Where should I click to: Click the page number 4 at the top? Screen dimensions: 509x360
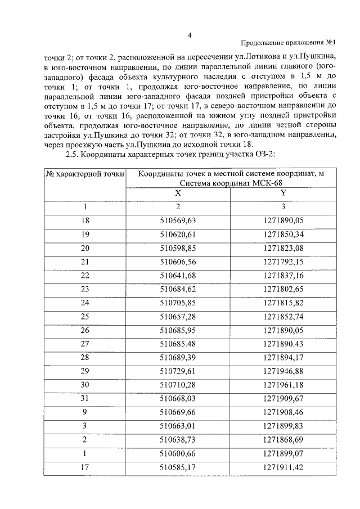pyautogui.click(x=190, y=35)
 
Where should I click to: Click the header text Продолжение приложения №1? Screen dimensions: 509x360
pyautogui.click(x=288, y=43)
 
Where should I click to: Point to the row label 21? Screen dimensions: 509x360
pyautogui.click(x=85, y=261)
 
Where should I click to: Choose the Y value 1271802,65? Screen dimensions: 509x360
pyautogui.click(x=283, y=288)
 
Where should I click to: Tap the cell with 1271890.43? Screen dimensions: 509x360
pyautogui.click(x=283, y=343)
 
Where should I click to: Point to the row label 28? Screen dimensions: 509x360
pyautogui.click(x=85, y=357)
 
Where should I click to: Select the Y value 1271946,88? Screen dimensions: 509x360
pyautogui.click(x=283, y=371)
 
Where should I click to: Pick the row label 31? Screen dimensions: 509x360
pyautogui.click(x=85, y=399)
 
